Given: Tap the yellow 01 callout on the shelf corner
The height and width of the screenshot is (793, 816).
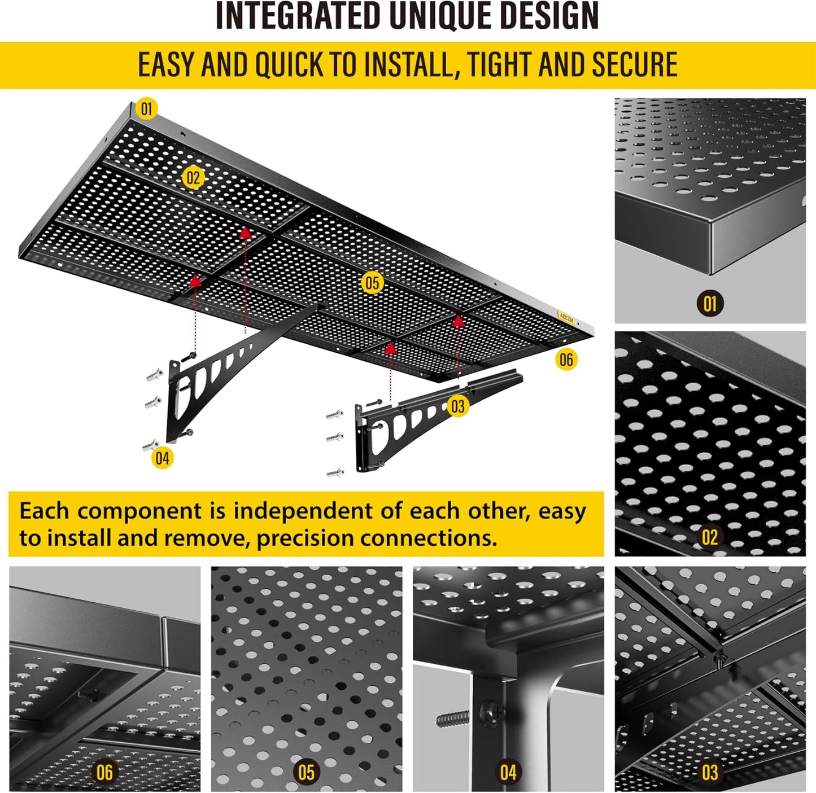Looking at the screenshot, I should pyautogui.click(x=147, y=108).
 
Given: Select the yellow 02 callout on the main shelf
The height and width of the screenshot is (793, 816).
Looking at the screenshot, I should pyautogui.click(x=193, y=178).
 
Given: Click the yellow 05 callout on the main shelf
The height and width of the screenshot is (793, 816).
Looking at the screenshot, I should pyautogui.click(x=372, y=283).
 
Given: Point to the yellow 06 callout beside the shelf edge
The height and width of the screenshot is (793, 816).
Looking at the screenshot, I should pyautogui.click(x=566, y=360).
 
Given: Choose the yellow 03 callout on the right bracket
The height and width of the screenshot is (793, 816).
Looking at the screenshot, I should pyautogui.click(x=457, y=406).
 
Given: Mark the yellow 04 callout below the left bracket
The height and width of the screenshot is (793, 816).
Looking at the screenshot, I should pyautogui.click(x=162, y=458).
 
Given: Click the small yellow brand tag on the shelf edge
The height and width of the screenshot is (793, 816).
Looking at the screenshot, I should pyautogui.click(x=566, y=317).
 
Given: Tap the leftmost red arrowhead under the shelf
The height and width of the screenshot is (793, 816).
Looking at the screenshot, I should pyautogui.click(x=195, y=279).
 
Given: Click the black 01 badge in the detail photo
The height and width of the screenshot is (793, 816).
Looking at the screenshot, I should pyautogui.click(x=710, y=304).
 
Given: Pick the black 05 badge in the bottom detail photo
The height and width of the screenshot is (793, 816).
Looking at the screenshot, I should pyautogui.click(x=306, y=772).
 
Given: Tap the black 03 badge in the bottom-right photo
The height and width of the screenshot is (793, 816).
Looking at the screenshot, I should pyautogui.click(x=710, y=772).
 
